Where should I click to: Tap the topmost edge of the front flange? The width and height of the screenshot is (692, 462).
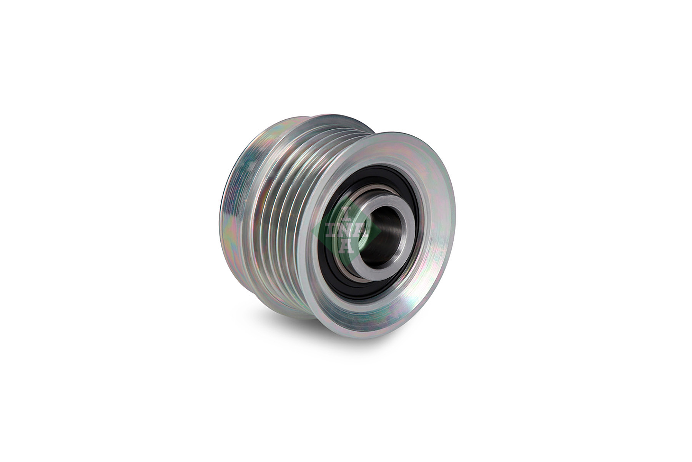click(x=408, y=132)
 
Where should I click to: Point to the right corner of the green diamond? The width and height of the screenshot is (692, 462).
click(x=381, y=231)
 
